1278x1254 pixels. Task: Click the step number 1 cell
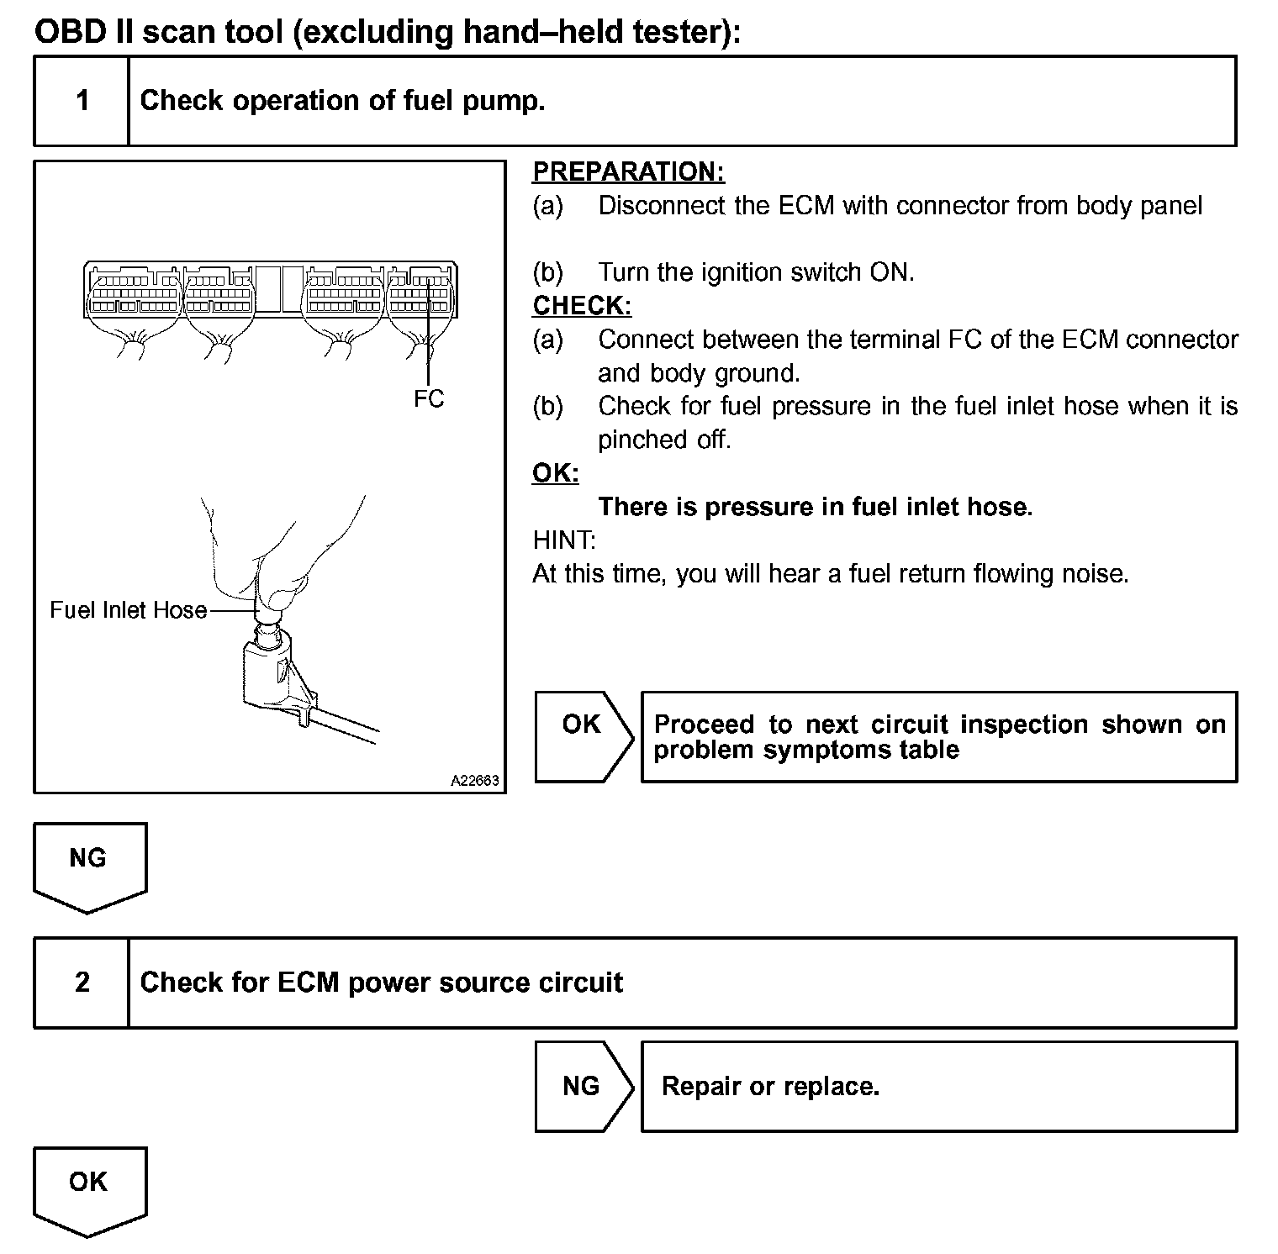[82, 101]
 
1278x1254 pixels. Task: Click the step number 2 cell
[82, 982]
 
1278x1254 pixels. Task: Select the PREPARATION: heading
[628, 171]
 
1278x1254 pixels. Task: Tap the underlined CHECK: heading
[582, 305]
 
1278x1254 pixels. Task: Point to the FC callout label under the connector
[428, 398]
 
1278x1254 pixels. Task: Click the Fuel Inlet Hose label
[128, 609]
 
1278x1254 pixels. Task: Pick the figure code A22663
[475, 781]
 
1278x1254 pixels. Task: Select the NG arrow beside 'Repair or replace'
[583, 1086]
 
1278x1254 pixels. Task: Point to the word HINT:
[563, 540]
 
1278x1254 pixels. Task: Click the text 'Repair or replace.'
[770, 1086]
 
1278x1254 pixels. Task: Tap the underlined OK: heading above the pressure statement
[556, 473]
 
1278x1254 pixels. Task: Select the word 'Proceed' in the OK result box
[704, 724]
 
